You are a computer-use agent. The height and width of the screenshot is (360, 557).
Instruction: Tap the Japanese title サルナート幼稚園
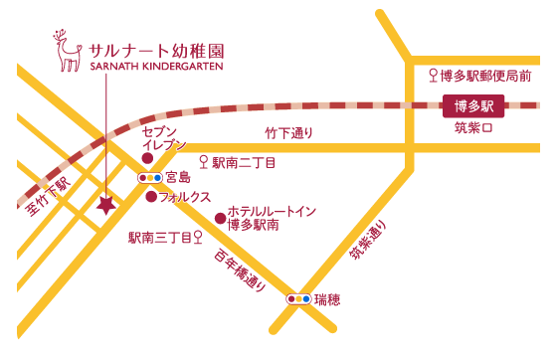pos(155,48)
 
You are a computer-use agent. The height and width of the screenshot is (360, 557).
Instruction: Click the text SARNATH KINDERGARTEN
pos(156,66)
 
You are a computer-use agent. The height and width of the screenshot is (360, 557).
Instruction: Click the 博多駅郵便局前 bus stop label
pos(485,75)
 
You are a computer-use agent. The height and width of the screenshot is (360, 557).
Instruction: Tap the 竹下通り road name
pos(288,132)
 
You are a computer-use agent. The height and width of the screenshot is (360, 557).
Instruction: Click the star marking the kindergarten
pos(105,206)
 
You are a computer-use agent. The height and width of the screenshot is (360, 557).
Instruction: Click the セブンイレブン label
pos(164,138)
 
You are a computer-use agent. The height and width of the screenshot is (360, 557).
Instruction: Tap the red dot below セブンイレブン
pos(147,157)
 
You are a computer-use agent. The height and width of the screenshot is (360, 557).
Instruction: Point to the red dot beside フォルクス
pos(151,197)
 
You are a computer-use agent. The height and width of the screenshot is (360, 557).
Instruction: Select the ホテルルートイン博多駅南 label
pos(272,219)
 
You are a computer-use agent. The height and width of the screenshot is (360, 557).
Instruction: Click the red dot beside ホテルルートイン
pos(220,218)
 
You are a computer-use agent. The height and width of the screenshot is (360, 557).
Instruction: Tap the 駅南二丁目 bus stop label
pos(243,161)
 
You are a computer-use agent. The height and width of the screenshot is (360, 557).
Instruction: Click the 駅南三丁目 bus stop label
pos(159,238)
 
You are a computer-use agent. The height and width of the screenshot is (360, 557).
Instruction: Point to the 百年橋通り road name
pos(240,269)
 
